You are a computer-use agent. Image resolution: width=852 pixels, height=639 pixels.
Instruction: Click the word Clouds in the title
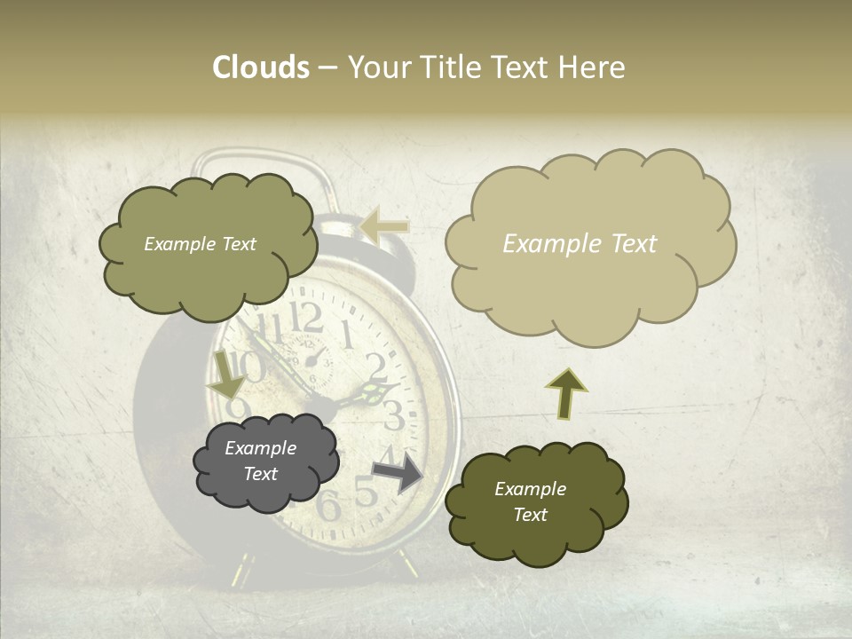click(x=261, y=67)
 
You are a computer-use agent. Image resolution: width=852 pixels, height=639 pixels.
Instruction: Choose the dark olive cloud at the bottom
click(x=534, y=502)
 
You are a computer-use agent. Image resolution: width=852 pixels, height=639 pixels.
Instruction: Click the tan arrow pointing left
click(x=385, y=226)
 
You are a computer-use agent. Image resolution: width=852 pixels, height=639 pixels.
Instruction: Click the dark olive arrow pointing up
click(x=566, y=393)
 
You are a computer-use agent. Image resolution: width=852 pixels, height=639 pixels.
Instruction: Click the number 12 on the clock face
click(x=307, y=318)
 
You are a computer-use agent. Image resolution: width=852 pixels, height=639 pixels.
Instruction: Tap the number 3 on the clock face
click(x=393, y=415)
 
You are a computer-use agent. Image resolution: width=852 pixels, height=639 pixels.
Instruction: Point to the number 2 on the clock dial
click(x=376, y=366)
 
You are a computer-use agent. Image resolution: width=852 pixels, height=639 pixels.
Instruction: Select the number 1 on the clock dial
click(x=347, y=335)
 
